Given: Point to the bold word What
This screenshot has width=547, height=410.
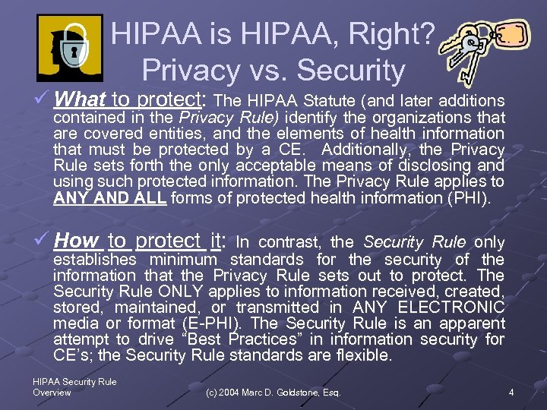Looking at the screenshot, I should pyautogui.click(x=80, y=99).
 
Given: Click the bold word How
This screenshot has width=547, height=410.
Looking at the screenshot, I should pyautogui.click(x=77, y=241).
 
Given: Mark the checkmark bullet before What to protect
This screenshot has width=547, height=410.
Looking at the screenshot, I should pyautogui.click(x=43, y=99).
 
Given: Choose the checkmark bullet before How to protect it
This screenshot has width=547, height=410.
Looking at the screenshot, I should pyautogui.click(x=43, y=241).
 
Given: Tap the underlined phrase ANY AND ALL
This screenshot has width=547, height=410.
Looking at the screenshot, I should pyautogui.click(x=111, y=199).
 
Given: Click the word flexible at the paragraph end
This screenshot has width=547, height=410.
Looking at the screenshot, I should pyautogui.click(x=367, y=356).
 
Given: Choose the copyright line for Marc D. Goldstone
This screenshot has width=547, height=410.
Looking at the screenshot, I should pyautogui.click(x=273, y=393).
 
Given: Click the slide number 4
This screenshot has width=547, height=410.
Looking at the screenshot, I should pyautogui.click(x=511, y=393).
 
